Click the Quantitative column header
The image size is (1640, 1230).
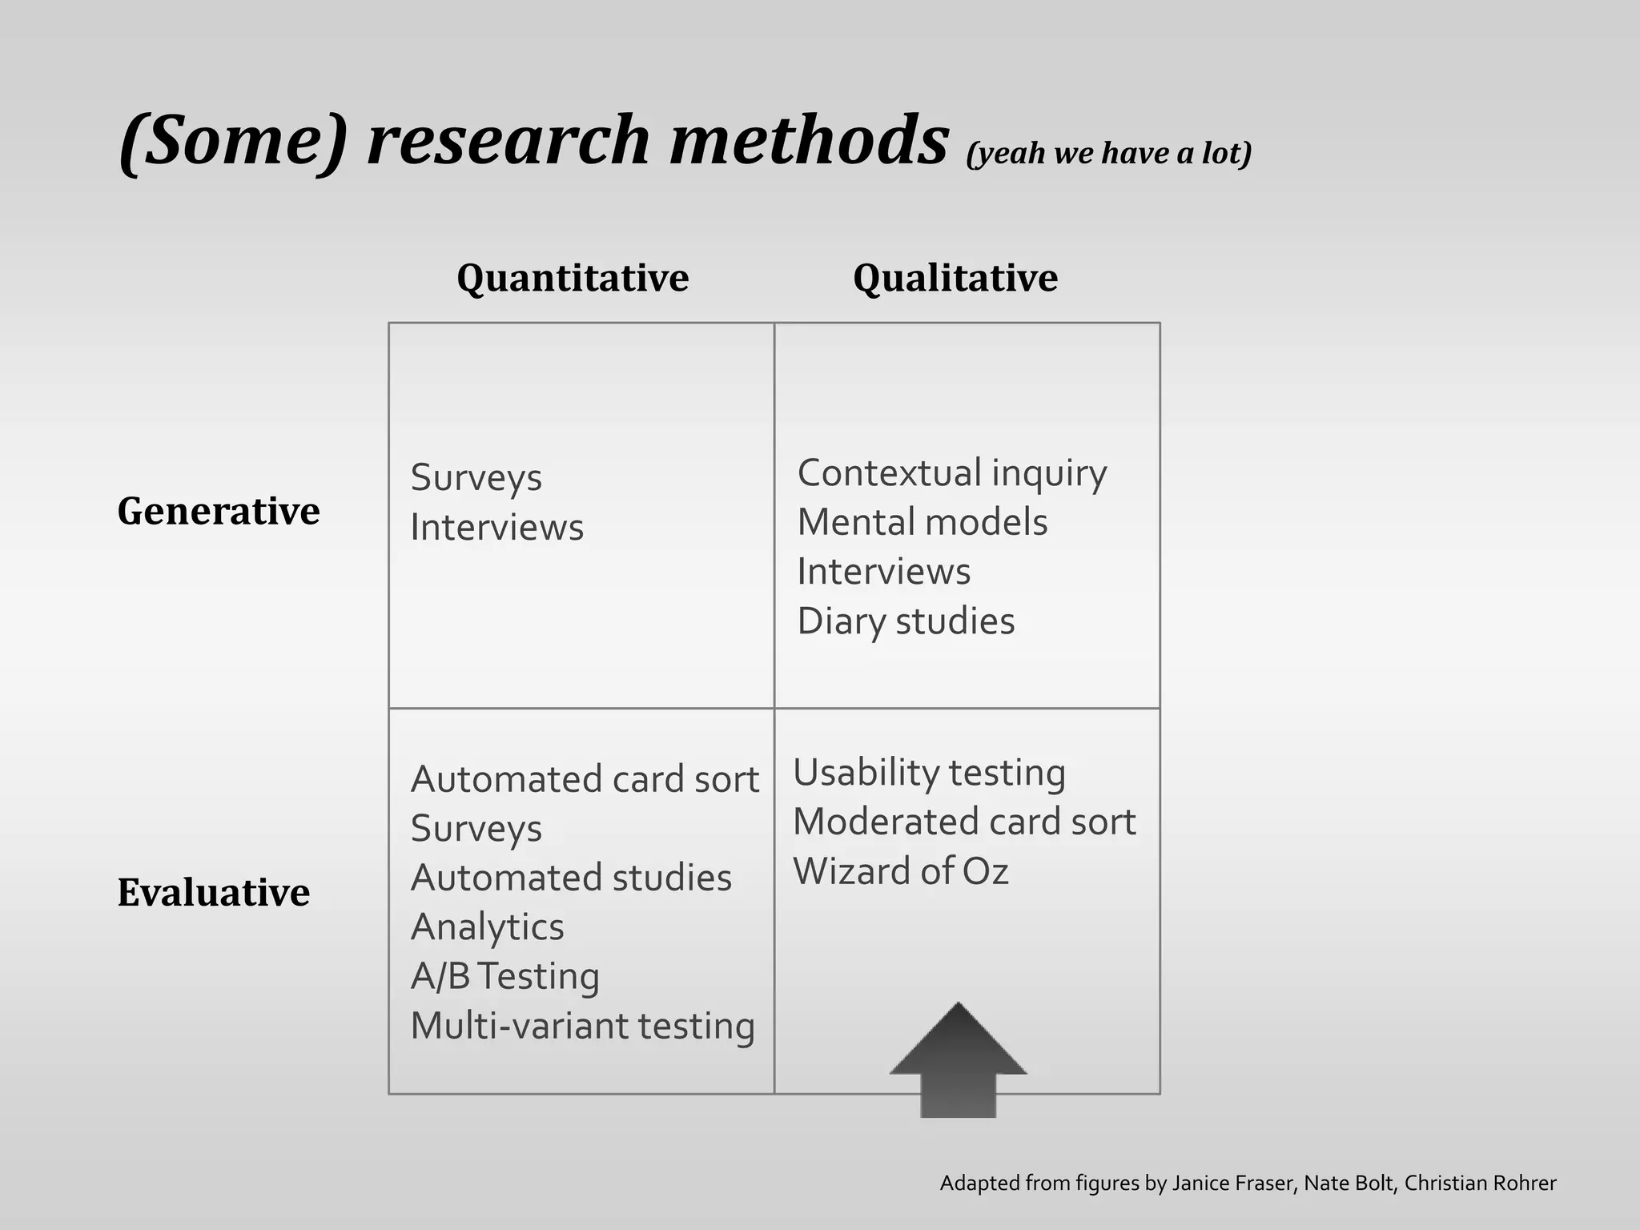(573, 279)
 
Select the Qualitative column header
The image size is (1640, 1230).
(955, 279)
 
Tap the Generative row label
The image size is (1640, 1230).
(219, 511)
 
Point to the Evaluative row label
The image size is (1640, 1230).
(214, 892)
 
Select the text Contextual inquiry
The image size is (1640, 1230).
(951, 473)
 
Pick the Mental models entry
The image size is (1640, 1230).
(922, 523)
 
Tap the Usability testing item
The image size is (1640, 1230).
(929, 774)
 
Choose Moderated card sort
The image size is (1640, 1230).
(964, 822)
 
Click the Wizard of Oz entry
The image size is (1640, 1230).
(900, 871)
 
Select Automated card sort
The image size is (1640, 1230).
(585, 780)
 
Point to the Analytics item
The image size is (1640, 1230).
(487, 927)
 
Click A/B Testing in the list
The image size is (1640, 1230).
(504, 977)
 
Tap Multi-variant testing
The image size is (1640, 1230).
(582, 1027)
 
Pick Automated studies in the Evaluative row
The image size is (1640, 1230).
(571, 878)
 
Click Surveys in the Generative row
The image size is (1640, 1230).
(476, 478)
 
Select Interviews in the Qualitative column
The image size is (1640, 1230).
(883, 573)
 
